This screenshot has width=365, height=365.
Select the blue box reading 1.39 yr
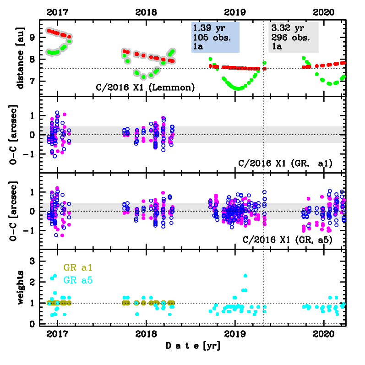215,37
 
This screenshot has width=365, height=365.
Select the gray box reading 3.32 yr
293,37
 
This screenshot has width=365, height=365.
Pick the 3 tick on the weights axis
32,261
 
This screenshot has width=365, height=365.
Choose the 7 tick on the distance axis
32,82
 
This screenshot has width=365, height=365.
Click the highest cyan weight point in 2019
245,276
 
